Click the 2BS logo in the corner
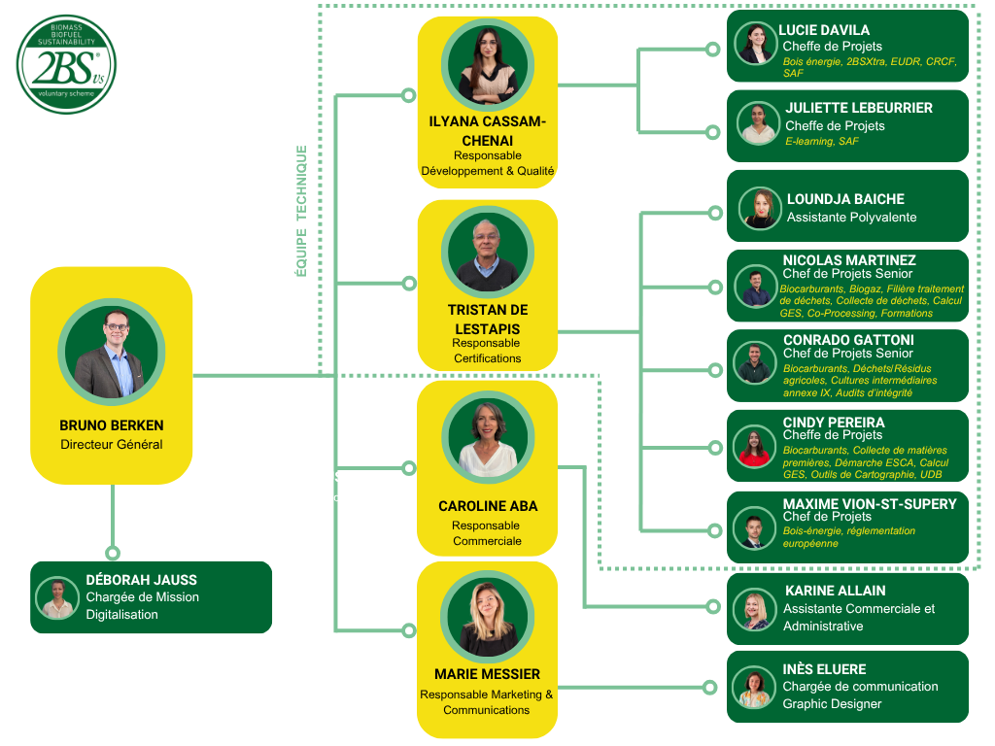(66, 64)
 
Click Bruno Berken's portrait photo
(112, 352)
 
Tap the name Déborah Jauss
(142, 580)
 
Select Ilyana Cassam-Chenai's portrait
(487, 64)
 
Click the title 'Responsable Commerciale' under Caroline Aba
(487, 533)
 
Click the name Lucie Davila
(824, 30)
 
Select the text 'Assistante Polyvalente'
(851, 217)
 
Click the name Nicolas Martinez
(849, 260)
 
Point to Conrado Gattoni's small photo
(755, 363)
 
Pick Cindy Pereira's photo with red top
(755, 446)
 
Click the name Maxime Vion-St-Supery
(870, 504)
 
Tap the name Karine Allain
(836, 591)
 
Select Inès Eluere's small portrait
(754, 689)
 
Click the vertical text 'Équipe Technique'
(301, 211)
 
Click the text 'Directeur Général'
(112, 445)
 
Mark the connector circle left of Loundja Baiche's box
(714, 213)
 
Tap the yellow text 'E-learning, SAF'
(822, 142)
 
